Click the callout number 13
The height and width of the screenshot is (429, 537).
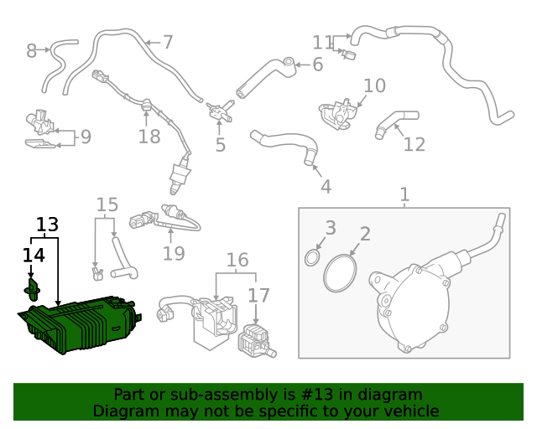48,225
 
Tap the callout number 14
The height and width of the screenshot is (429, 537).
34,254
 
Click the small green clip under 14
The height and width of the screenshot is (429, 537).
33,291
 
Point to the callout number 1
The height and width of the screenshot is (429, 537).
404,195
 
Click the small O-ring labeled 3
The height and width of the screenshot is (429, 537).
311,256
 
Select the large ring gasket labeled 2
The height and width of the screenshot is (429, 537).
340,273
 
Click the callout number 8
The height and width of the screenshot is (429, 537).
32,51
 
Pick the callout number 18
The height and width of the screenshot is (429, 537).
149,136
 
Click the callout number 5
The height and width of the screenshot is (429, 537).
220,146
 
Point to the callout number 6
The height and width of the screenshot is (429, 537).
317,65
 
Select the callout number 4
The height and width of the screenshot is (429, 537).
325,187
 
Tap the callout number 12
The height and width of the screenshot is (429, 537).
414,144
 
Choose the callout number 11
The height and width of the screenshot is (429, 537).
323,42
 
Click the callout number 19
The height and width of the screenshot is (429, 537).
173,252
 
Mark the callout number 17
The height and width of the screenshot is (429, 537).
258,295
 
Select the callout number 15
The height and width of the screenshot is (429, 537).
107,204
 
